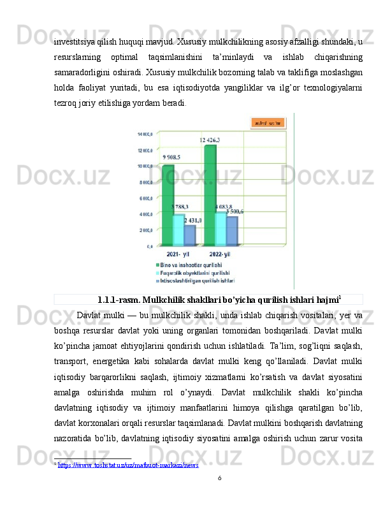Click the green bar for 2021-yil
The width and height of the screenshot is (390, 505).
[168, 204]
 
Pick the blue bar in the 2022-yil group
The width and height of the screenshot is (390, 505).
[232, 230]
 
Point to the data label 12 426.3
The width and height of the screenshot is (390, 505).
[210, 140]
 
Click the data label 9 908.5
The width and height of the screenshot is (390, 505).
[171, 157]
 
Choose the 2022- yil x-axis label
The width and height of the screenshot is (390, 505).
[219, 254]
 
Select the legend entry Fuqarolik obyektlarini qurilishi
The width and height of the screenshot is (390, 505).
[194, 272]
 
